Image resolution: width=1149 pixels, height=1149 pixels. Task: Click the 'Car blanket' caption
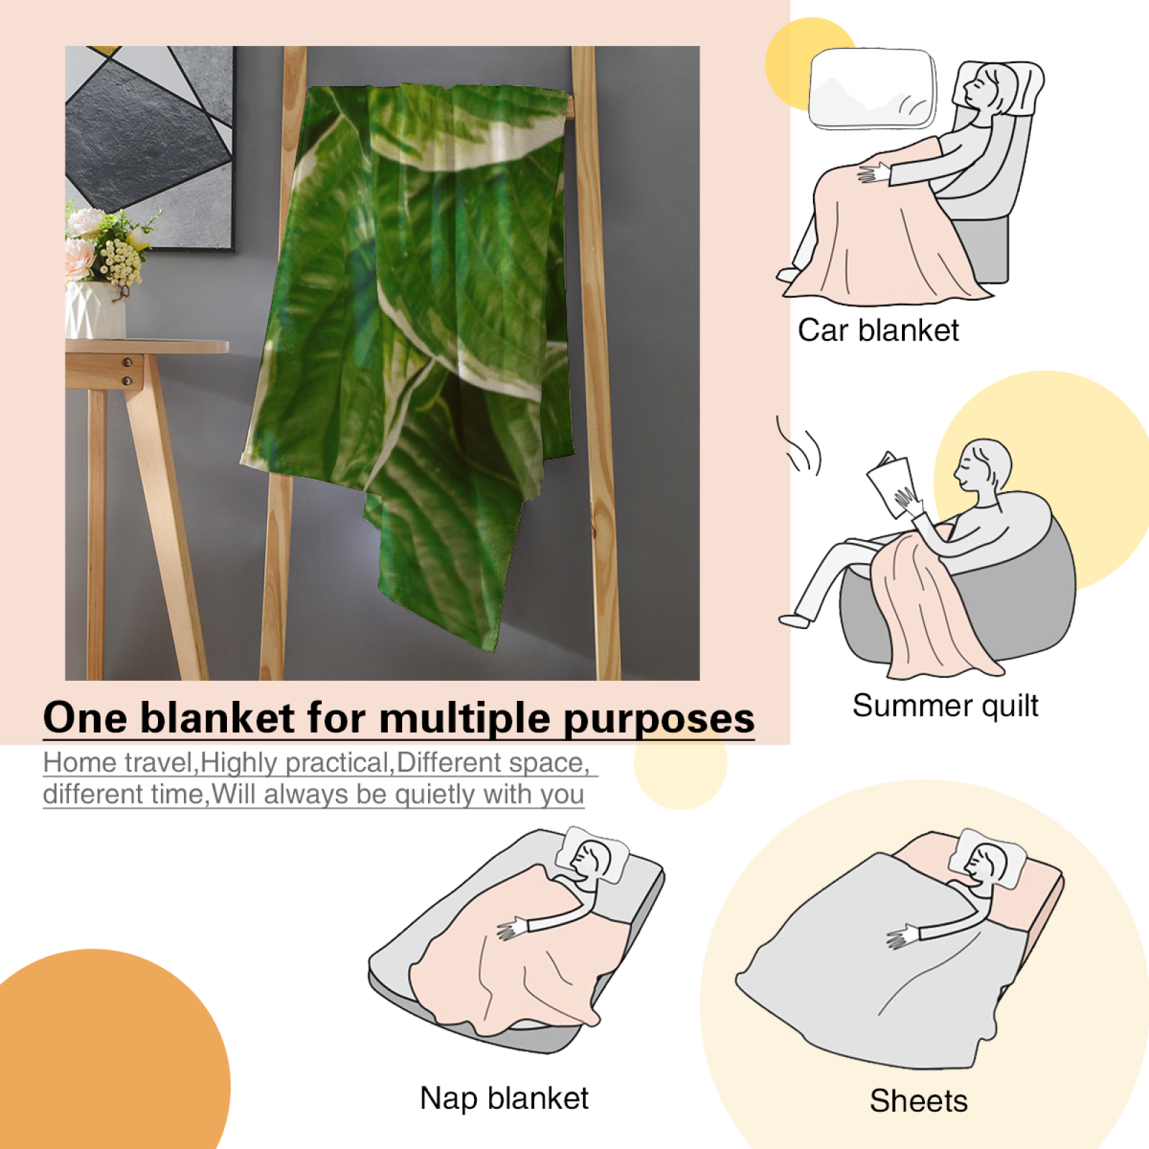(878, 331)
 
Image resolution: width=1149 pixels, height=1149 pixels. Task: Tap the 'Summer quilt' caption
(945, 706)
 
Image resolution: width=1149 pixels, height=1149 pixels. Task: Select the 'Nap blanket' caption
(504, 1098)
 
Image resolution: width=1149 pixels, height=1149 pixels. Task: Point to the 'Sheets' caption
(918, 1101)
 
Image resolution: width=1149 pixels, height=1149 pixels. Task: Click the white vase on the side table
(96, 309)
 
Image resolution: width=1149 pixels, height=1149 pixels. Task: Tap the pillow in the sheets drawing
(987, 859)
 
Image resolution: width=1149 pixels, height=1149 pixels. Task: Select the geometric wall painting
(149, 147)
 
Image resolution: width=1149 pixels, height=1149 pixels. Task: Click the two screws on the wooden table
(128, 371)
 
